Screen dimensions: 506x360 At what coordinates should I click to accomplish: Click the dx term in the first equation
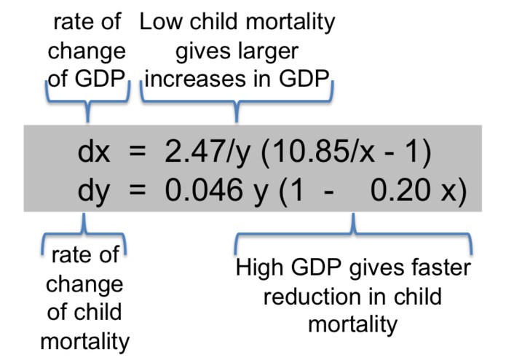[94, 151]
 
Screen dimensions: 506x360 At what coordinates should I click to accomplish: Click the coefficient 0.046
[204, 190]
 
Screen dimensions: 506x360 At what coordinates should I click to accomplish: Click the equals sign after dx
[138, 152]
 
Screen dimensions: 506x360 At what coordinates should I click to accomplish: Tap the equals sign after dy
[138, 191]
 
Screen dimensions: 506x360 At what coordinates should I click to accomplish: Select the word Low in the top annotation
[161, 22]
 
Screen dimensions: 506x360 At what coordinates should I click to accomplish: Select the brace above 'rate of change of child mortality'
[84, 233]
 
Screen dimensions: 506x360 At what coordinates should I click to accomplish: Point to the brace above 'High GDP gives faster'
[353, 233]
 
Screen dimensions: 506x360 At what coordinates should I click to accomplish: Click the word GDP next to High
[316, 267]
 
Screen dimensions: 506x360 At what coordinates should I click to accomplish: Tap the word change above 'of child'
[84, 285]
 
